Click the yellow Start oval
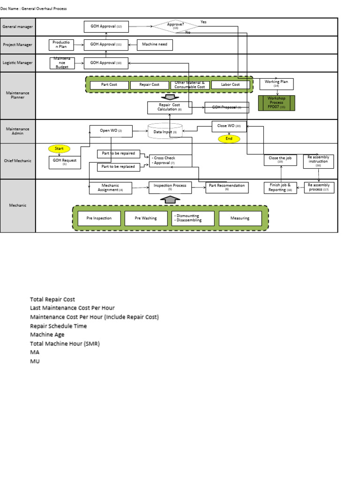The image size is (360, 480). coord(59,149)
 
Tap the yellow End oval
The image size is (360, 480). coord(229,139)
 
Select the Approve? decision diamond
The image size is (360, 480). coord(175,26)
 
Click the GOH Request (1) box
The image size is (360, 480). coord(65,162)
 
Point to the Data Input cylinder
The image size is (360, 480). coord(165,132)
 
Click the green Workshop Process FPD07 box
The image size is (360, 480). coord(277,103)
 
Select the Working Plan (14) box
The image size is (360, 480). coord(276,84)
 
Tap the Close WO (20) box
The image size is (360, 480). coord(229,126)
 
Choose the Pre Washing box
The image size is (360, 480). coord(146,218)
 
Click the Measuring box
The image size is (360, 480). coord(240,218)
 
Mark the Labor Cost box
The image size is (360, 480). coord(230,85)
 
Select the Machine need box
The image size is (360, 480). coord(155,45)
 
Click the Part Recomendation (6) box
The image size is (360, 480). coord(227,187)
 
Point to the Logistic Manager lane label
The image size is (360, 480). coord(18,63)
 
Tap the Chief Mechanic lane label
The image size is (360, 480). coord(18,161)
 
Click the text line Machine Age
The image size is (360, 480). coord(47,335)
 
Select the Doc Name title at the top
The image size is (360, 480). coord(34,8)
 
